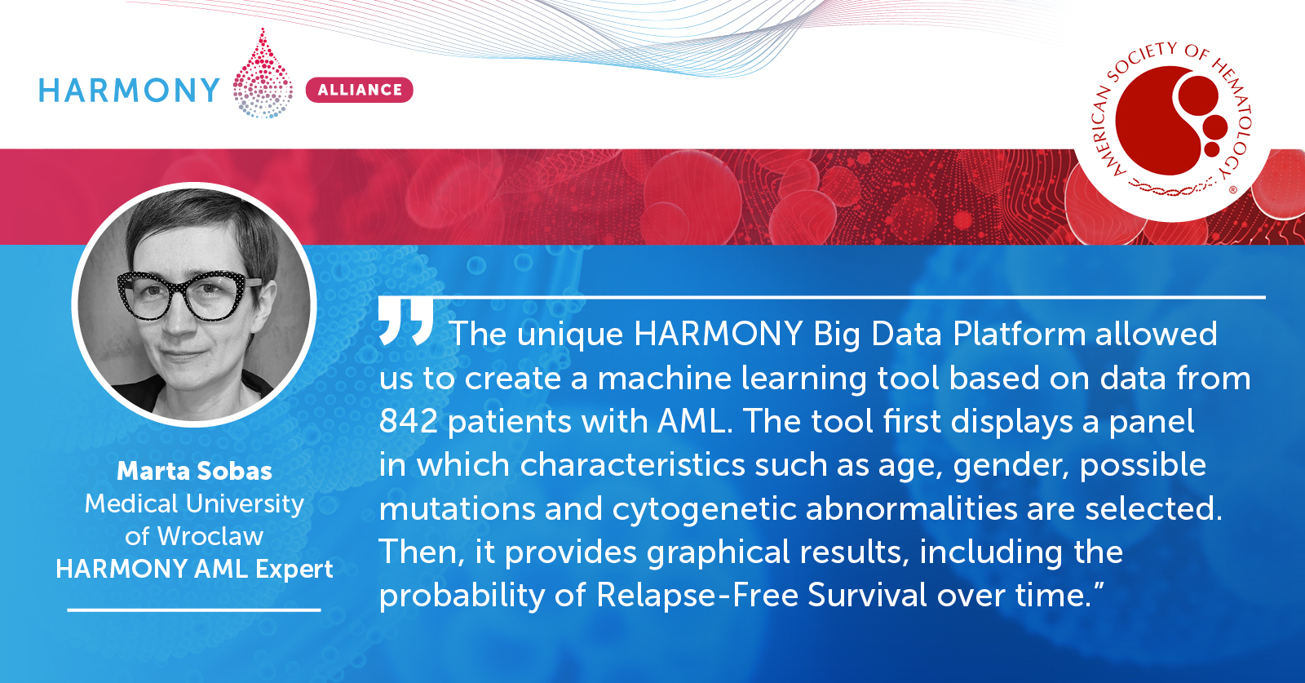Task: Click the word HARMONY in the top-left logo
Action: click(x=129, y=91)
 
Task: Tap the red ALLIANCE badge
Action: click(x=360, y=90)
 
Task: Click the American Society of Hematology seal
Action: click(x=1171, y=122)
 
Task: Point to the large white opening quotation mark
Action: click(x=406, y=322)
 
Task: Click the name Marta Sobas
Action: click(x=195, y=471)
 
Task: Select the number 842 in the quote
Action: click(x=409, y=421)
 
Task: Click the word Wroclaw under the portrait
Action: click(x=210, y=536)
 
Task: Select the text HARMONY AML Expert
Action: click(x=195, y=570)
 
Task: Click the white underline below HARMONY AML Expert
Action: click(x=195, y=610)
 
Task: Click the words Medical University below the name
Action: click(x=195, y=504)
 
